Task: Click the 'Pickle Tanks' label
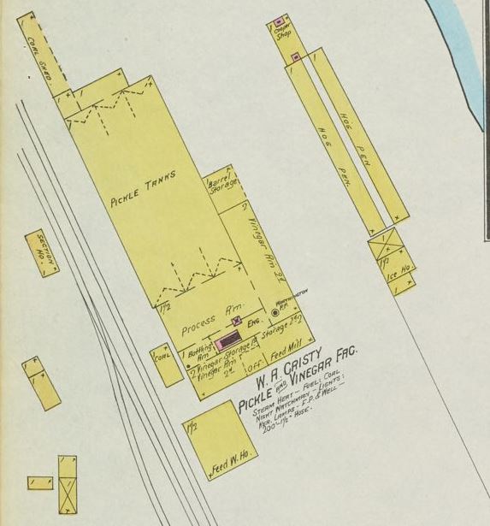[x=143, y=189]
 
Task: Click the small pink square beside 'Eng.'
[x=237, y=321]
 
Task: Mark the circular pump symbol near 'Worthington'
[x=275, y=313]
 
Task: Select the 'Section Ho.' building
[x=42, y=253]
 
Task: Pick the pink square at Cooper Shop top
[x=279, y=21]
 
